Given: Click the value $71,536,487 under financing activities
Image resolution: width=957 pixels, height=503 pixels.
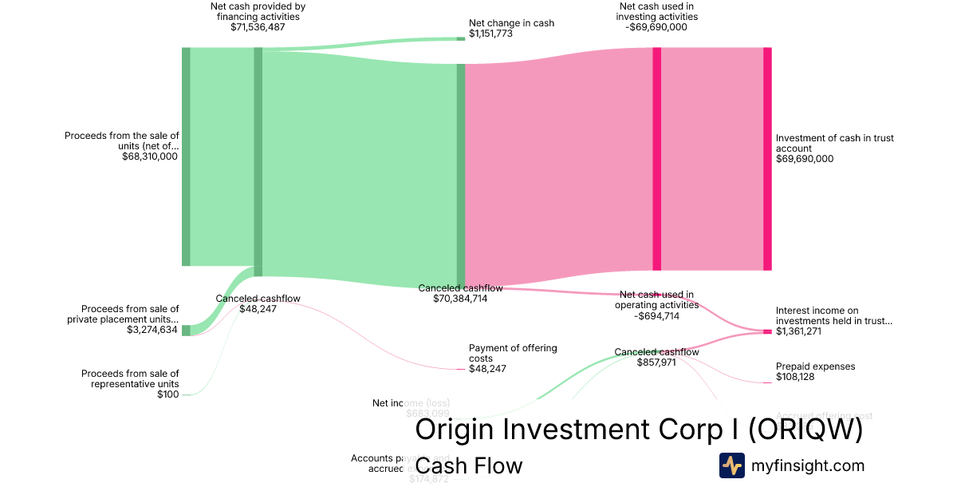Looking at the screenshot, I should coord(258,27).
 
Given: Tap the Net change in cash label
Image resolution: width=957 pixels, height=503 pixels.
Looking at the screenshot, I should coord(511,23).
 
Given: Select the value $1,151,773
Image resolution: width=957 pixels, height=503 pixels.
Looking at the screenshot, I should coord(490,34).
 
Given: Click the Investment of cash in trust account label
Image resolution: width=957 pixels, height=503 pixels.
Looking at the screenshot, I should coord(834,143).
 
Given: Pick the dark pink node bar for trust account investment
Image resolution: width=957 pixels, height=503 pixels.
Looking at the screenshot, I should coord(767,158).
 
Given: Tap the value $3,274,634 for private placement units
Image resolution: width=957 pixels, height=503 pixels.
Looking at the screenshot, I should coord(152,330).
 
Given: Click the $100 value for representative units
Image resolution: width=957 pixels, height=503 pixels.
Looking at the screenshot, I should coord(167,394).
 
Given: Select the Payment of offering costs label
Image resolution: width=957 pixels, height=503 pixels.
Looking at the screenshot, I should coord(512,353).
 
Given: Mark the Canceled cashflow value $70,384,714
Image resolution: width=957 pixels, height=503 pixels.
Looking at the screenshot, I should coord(460,299).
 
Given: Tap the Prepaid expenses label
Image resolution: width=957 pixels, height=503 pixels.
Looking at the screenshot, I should coord(815,366).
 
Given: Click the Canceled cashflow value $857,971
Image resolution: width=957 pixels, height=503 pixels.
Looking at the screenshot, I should coord(656,362).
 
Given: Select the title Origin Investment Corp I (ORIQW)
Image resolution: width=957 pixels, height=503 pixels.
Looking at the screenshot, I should coord(639,430).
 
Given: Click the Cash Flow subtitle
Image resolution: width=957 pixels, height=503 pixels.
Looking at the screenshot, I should coord(469,465).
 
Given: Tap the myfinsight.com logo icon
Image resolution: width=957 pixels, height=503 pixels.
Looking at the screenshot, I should coord(731,465).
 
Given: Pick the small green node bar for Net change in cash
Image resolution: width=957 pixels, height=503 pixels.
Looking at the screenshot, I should coord(460,38).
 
